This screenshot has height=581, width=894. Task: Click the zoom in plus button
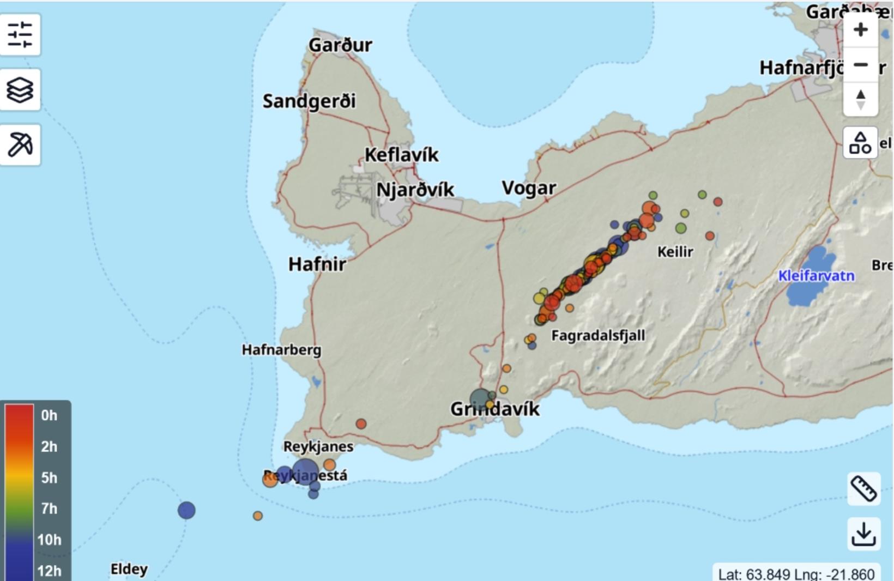coord(860,29)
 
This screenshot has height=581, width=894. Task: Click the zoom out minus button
coord(860,65)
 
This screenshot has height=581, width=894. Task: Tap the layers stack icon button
coord(20,90)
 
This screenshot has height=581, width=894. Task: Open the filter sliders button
coord(20,35)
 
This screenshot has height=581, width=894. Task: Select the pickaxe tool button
coord(20,144)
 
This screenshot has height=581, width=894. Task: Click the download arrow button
coord(863,534)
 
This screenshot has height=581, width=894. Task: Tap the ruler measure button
coord(863,488)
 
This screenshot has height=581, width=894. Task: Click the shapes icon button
coord(860,143)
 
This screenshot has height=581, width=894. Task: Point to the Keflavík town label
coord(401,155)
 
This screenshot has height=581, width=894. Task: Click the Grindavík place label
coord(495,409)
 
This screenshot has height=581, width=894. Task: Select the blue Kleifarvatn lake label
coord(816,276)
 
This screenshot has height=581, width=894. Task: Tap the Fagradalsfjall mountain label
coord(598,336)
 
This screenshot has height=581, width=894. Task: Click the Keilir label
coord(675,252)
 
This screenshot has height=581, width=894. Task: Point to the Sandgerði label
coord(309,101)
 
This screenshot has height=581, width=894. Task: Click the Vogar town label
coord(529,188)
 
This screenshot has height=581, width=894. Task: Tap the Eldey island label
coord(129,569)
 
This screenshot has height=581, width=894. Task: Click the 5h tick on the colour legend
coord(49,478)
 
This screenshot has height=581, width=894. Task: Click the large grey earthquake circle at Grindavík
coord(480,399)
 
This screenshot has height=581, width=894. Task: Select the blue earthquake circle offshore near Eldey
coord(186,511)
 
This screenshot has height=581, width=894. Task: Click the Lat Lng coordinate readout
coord(796,574)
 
